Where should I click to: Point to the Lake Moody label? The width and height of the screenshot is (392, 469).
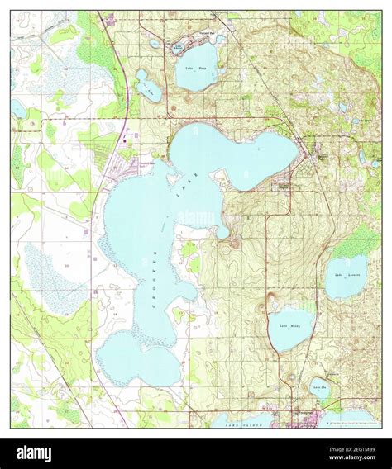(290, 326)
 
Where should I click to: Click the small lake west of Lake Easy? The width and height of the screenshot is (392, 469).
(149, 86)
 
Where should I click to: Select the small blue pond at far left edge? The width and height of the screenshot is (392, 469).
(18, 107)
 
